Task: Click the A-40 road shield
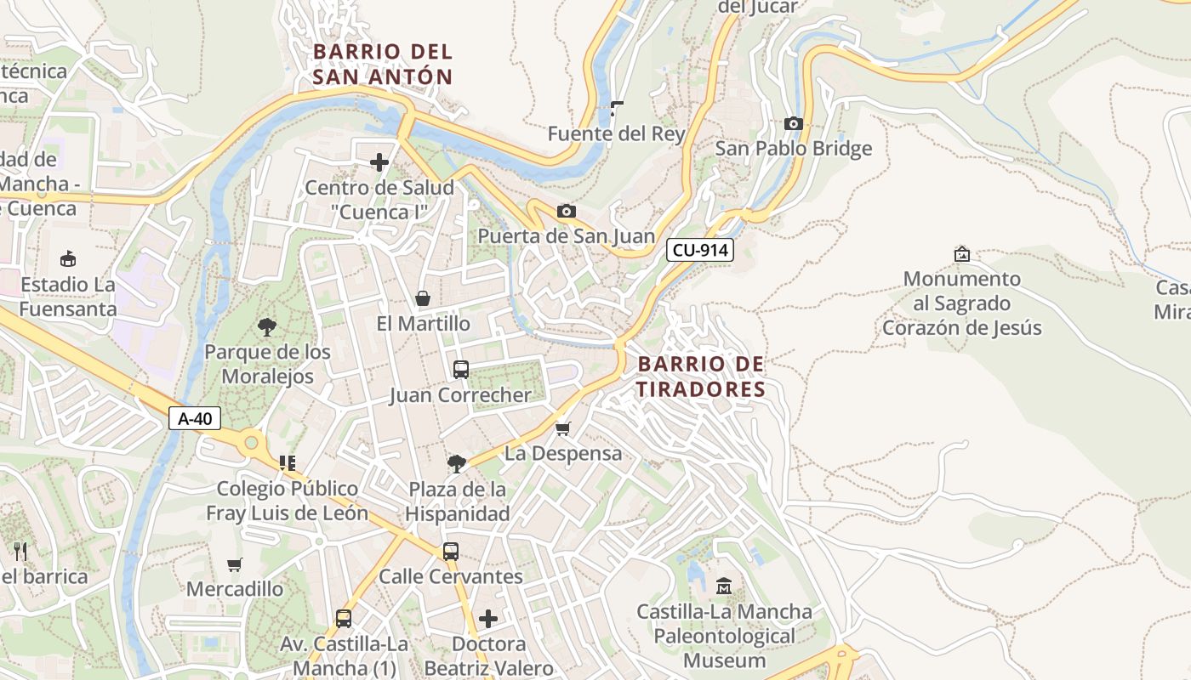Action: point(195,418)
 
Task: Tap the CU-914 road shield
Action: point(699,250)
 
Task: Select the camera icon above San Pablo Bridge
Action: point(793,124)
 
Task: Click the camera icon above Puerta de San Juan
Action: point(566,211)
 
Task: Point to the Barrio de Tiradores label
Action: point(701,377)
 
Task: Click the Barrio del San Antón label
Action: point(383,64)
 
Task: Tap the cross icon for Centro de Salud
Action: point(379,161)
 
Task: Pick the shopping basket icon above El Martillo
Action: point(422,298)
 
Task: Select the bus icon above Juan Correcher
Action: point(460,370)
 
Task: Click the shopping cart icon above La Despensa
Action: point(562,428)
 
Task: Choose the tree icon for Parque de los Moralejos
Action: point(267,326)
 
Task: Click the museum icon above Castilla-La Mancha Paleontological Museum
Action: point(724,586)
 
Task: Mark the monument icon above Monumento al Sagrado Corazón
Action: point(962,253)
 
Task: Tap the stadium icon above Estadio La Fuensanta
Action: point(68,258)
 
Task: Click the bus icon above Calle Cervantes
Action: point(451,551)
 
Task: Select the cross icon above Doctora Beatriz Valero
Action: point(488,618)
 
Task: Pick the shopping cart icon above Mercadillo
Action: point(235,564)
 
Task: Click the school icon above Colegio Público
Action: point(287,463)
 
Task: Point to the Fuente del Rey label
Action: point(616,133)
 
